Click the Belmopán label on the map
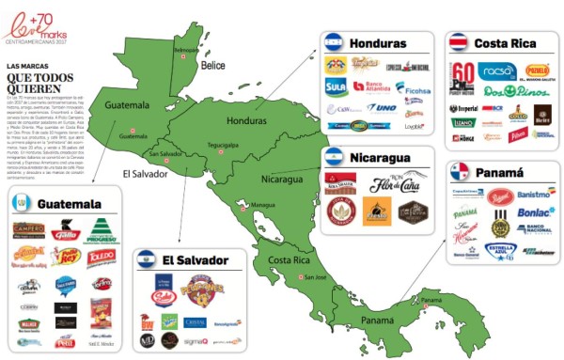[186, 50]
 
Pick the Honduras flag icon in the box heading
[334, 42]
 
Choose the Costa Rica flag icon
[459, 44]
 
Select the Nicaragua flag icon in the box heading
[335, 157]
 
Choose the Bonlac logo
[535, 211]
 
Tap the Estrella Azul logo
[500, 251]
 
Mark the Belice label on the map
[213, 65]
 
